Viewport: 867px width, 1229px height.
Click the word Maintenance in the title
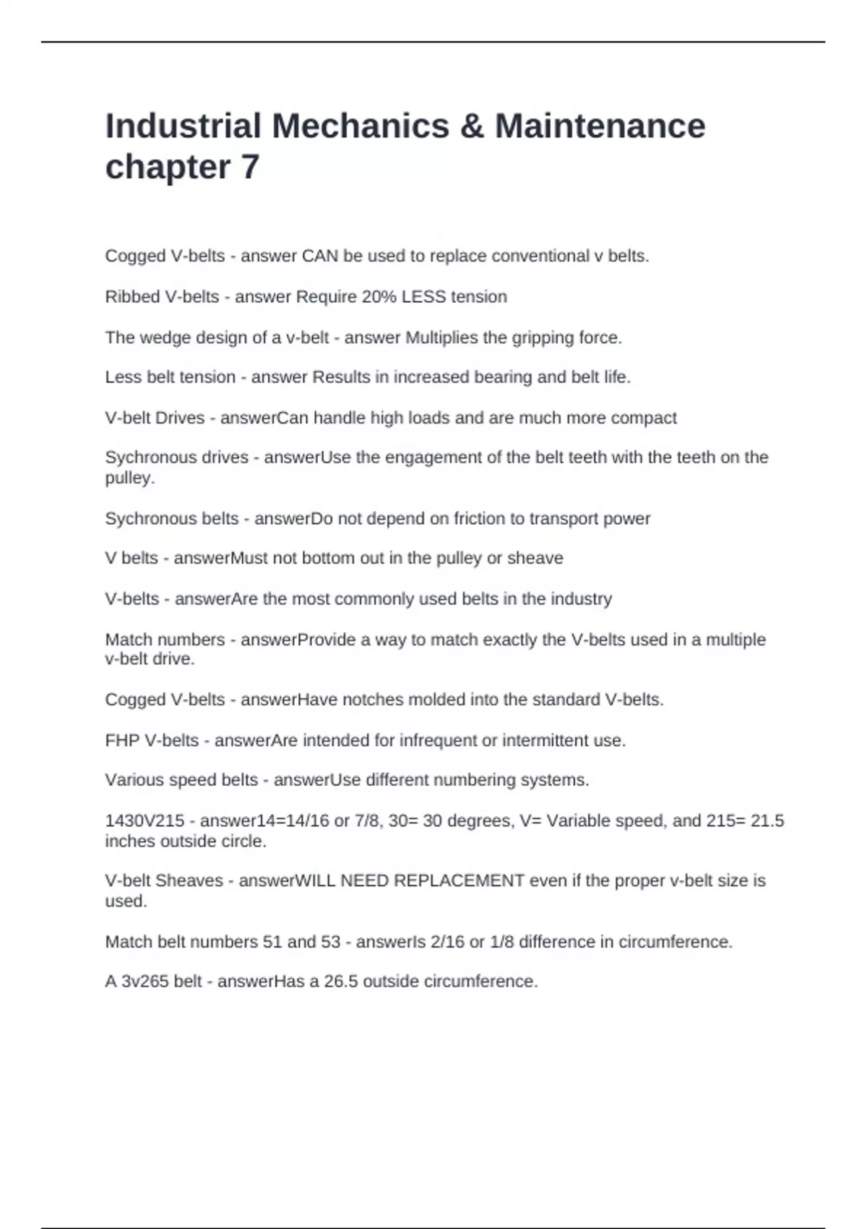[x=600, y=126]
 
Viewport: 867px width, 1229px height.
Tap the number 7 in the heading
[x=250, y=167]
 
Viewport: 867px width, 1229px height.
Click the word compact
[x=644, y=418]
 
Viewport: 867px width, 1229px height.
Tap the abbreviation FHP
[x=122, y=740]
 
